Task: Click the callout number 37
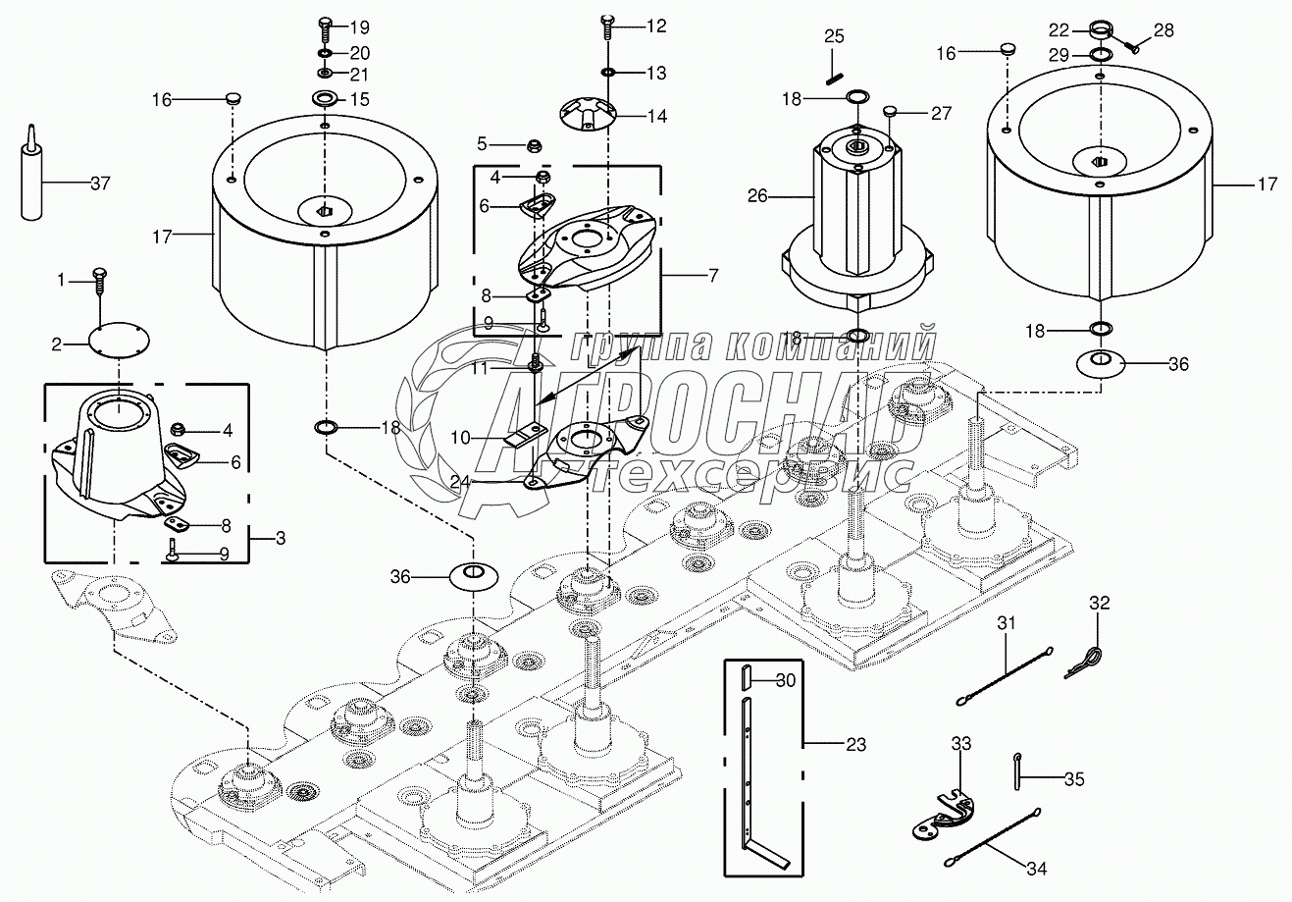[100, 183]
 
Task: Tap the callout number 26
[757, 196]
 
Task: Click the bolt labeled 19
[326, 27]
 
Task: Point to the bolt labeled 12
[608, 27]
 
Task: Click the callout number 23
[855, 745]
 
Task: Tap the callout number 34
[1037, 869]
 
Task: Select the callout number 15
[360, 99]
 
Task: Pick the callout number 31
[1008, 622]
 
